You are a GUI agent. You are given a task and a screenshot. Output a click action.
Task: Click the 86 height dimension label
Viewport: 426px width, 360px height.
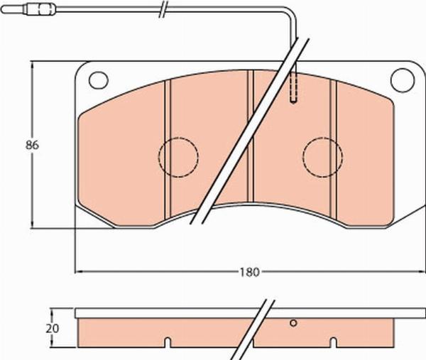coord(31,145)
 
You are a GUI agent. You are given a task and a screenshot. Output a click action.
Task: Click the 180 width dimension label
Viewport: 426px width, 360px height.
coord(248,271)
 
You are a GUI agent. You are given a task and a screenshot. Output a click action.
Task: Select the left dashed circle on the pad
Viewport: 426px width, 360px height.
coord(177,156)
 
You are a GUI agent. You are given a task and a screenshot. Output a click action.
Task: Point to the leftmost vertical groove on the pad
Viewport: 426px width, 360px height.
coord(168,142)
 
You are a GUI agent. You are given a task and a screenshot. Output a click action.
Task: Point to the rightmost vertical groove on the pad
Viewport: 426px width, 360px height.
coord(332,142)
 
